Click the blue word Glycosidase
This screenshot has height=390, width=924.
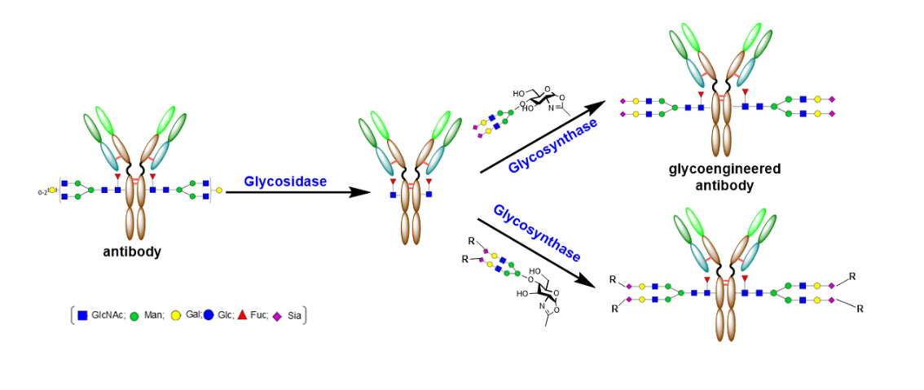(x=285, y=182)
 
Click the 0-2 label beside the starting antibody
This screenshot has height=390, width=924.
(x=42, y=191)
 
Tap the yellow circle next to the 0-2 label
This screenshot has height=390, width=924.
(x=52, y=191)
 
